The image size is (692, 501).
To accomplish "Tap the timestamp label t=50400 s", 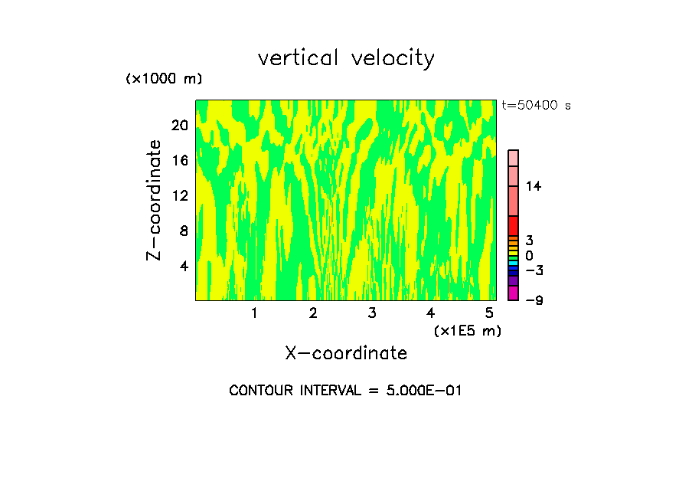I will (536, 106).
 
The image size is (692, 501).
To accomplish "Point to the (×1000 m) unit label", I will (164, 79).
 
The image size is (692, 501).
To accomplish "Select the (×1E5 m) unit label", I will (467, 330).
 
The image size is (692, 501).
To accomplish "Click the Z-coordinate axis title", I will (155, 200).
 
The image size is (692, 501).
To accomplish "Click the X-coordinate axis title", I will (346, 353).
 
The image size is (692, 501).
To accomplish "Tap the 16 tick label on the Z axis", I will (179, 160).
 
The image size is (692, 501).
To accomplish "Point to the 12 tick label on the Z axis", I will (179, 195).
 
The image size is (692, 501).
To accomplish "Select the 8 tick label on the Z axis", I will (183, 231).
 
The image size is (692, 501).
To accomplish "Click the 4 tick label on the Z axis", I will (183, 266).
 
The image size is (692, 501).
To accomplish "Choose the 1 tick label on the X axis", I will (254, 313).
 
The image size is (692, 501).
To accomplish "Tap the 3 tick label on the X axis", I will (371, 313).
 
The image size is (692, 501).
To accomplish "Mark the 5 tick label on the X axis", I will (488, 313).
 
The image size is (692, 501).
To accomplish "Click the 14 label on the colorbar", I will (534, 186).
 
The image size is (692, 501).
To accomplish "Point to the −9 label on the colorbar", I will (534, 300).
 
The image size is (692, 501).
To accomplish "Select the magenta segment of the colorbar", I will (513, 293).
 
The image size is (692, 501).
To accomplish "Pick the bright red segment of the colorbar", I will (513, 225).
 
